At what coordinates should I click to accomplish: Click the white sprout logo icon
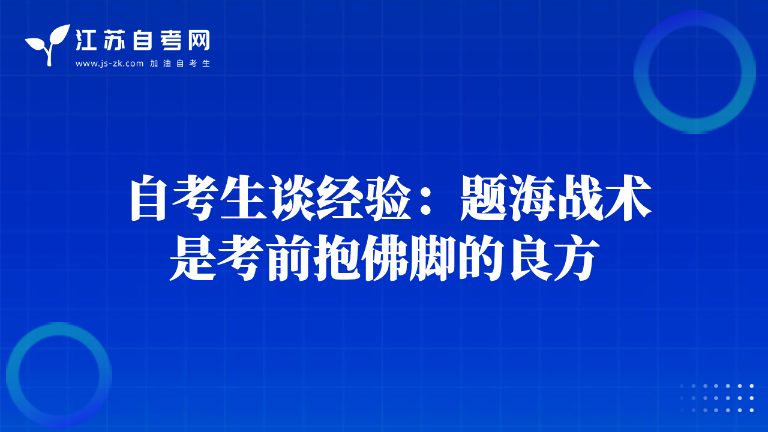[47, 44]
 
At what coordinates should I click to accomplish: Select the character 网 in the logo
[199, 40]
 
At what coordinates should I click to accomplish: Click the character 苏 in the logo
[114, 40]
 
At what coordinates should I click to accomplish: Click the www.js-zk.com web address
[109, 64]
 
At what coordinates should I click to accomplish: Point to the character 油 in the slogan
[167, 64]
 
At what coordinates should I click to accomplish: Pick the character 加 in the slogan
[154, 64]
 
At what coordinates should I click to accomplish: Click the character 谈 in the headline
[293, 197]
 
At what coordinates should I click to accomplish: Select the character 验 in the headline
[388, 197]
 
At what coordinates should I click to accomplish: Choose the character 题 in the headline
[483, 197]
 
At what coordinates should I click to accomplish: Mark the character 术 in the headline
[628, 197]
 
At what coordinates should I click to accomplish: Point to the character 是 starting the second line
[193, 259]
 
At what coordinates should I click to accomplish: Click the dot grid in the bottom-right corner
[716, 398]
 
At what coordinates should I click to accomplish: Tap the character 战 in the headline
[580, 197]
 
